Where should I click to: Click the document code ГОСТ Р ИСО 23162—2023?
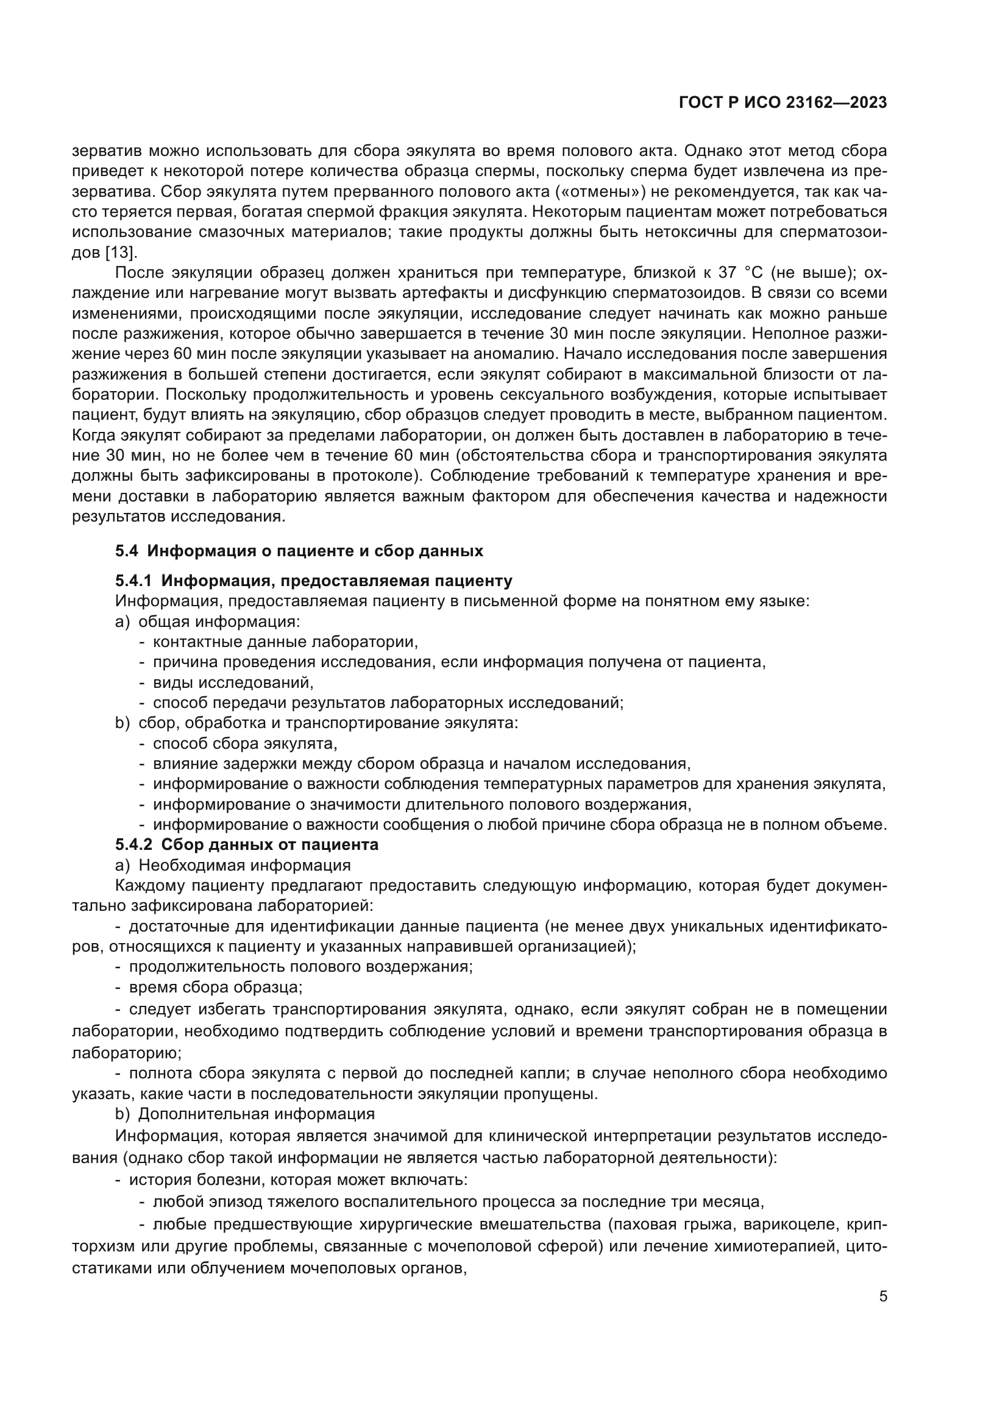[x=783, y=103]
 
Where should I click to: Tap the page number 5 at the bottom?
[x=883, y=1296]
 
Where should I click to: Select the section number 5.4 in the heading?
[x=127, y=551]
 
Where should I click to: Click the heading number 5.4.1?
[x=133, y=581]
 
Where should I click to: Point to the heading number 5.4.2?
[x=133, y=844]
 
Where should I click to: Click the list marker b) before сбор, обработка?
[x=122, y=723]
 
